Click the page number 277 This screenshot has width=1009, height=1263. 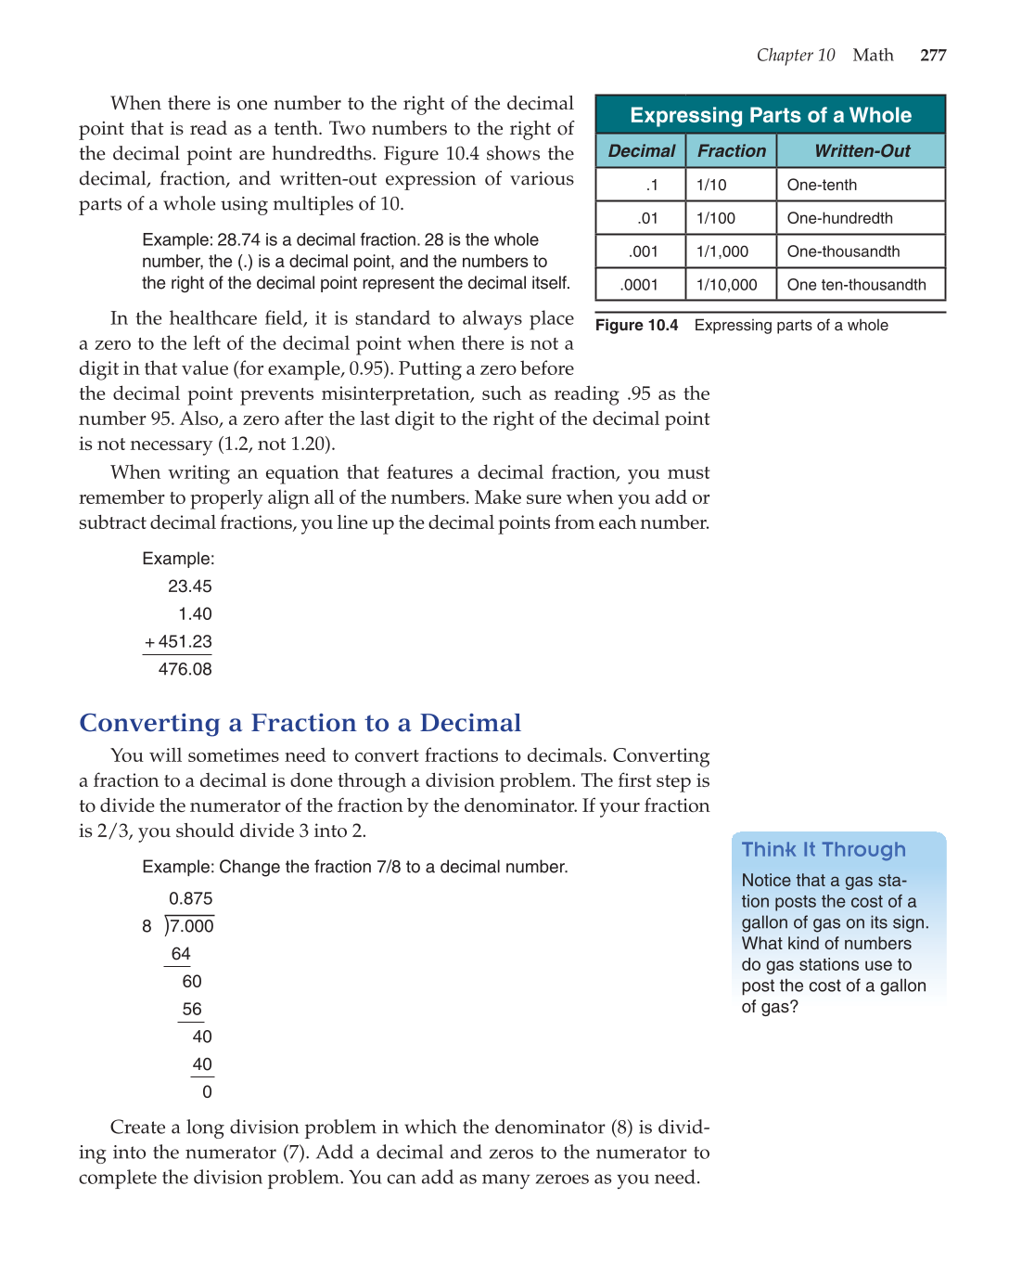[933, 56]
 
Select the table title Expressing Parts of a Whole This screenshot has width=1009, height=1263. [770, 115]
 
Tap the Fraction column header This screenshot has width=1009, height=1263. [732, 151]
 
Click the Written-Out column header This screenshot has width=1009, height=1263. [862, 151]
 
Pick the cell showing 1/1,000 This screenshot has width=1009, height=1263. [722, 251]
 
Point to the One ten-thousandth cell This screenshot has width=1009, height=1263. [856, 285]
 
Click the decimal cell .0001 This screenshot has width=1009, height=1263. [639, 285]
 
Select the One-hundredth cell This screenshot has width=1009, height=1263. [839, 218]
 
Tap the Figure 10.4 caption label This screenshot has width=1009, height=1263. [637, 326]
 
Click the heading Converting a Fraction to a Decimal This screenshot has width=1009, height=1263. [300, 723]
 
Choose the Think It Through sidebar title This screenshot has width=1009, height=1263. [824, 850]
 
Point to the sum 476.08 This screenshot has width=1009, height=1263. [185, 669]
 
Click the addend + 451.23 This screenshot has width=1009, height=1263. [178, 642]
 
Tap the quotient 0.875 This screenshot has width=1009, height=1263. [190, 898]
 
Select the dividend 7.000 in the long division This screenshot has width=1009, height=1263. [192, 926]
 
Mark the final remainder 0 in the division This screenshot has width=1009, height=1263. [207, 1092]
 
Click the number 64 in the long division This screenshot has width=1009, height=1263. [181, 954]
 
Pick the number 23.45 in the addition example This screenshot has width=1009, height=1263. [189, 586]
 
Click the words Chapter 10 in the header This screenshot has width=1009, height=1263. [796, 56]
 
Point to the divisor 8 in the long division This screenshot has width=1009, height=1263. [147, 926]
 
